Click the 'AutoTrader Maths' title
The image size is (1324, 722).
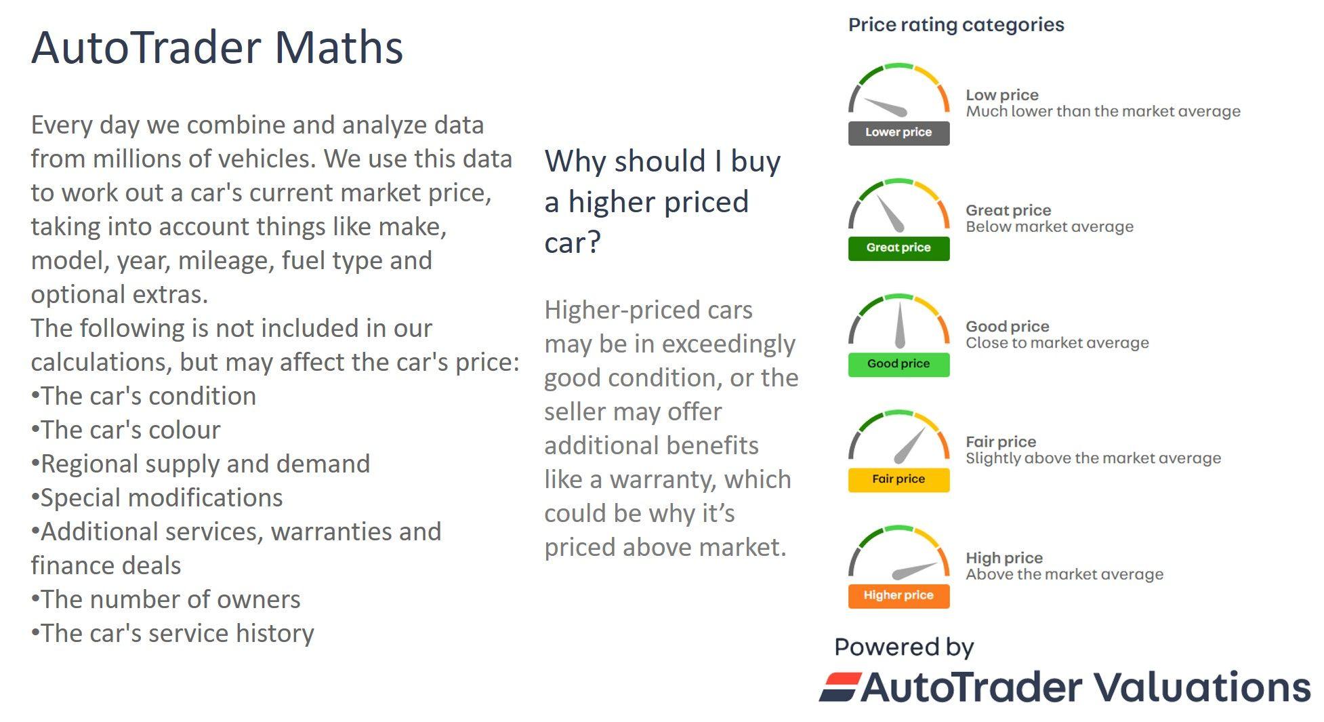[217, 47]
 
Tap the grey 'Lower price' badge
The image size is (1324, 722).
[898, 133]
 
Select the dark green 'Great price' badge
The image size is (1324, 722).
[898, 248]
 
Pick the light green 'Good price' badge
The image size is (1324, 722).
[898, 364]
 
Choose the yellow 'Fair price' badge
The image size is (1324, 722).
[898, 479]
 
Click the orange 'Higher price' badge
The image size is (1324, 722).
[898, 595]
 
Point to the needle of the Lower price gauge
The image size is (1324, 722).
[886, 107]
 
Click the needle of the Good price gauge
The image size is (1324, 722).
[900, 325]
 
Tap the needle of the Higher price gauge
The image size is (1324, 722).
[915, 571]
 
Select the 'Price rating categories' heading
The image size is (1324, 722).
[956, 25]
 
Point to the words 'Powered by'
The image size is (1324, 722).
[904, 647]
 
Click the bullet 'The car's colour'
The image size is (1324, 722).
[125, 430]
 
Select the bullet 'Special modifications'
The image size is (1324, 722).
[157, 498]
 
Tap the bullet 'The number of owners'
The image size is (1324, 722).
[165, 599]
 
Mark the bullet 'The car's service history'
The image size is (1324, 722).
[172, 633]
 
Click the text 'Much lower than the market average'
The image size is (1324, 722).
[1103, 112]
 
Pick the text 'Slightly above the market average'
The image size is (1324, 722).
[1094, 458]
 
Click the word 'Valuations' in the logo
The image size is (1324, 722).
[1203, 687]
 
